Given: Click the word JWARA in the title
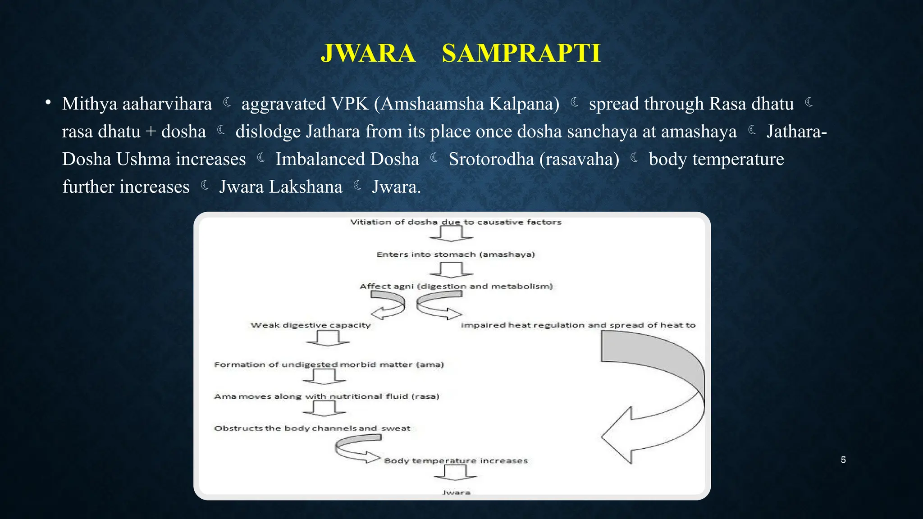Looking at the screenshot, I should tap(368, 53).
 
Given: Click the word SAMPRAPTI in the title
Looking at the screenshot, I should tap(521, 53).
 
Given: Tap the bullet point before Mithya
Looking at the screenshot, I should tap(48, 103).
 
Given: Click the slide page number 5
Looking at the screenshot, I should tap(843, 460).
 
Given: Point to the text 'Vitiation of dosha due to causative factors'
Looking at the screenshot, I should tap(456, 222).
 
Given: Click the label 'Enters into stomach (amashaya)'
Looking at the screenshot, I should tap(456, 255).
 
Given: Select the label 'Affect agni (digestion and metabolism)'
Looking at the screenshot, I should tap(456, 287).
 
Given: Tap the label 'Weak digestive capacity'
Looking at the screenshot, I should tap(311, 325).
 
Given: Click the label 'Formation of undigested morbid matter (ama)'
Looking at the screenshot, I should tap(329, 364).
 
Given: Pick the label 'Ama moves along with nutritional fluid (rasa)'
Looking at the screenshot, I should tap(326, 396).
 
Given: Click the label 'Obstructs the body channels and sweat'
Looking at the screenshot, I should tap(312, 428).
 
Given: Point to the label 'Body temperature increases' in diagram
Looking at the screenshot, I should tap(456, 461).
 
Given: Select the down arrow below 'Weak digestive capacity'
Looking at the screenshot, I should tap(328, 338).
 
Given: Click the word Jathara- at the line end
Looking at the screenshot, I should tap(796, 132).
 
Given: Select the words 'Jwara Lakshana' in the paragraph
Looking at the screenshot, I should tap(280, 187).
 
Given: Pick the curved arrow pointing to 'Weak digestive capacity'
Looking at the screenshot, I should tap(388, 304).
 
